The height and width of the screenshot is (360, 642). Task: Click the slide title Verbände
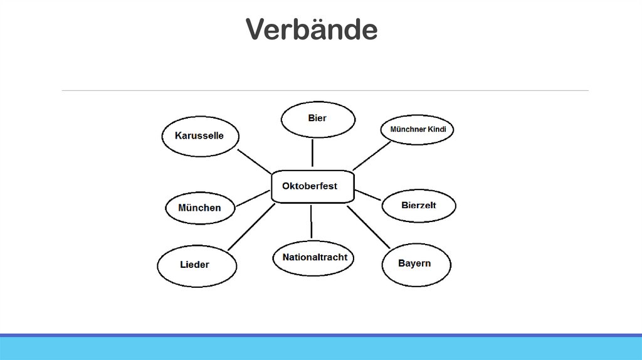(311, 29)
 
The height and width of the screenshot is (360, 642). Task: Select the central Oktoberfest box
(312, 186)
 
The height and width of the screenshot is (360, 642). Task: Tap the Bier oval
(317, 119)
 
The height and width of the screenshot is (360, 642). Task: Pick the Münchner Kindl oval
(417, 130)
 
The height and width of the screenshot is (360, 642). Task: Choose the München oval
(200, 207)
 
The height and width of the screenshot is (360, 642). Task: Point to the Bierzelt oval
(418, 204)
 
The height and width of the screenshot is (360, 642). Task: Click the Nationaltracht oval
(314, 257)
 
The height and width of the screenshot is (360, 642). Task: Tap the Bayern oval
(415, 263)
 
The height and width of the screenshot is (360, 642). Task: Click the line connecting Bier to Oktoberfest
(312, 153)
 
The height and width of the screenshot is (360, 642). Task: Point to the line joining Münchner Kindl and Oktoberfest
(371, 155)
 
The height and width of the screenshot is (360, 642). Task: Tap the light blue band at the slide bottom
(321, 349)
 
